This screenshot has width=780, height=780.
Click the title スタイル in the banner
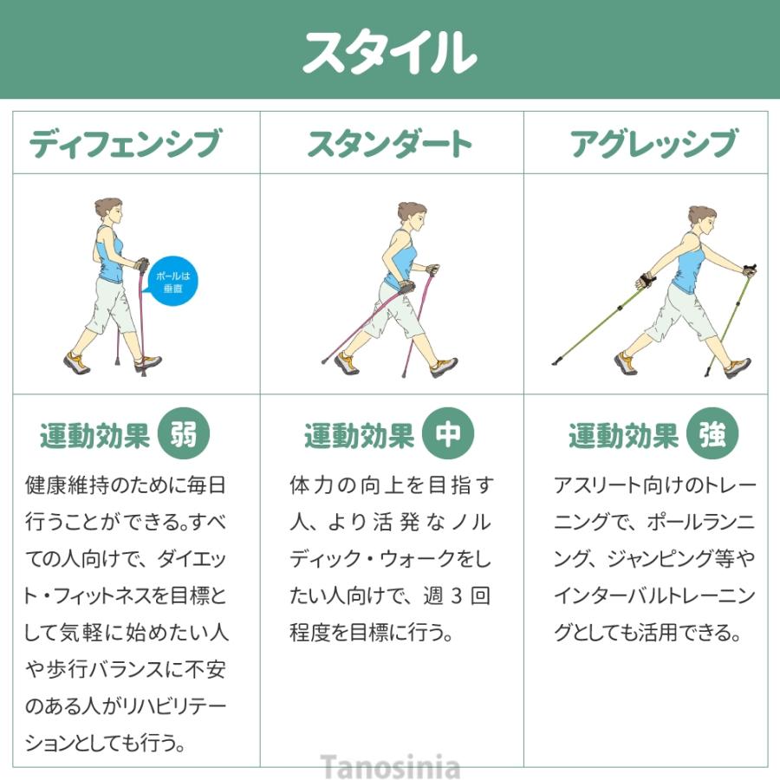[389, 52]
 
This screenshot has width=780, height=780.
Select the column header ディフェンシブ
[125, 144]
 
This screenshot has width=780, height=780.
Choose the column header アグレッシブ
[653, 144]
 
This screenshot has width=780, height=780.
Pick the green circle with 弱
[184, 434]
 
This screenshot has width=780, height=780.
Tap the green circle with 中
[447, 434]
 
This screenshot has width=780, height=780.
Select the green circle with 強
[712, 434]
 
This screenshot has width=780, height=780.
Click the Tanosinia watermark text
[390, 767]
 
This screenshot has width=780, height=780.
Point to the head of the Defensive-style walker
[108, 211]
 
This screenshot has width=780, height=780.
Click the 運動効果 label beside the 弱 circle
[94, 436]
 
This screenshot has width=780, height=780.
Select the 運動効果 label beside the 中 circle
[359, 436]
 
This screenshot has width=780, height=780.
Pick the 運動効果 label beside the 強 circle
[623, 436]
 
